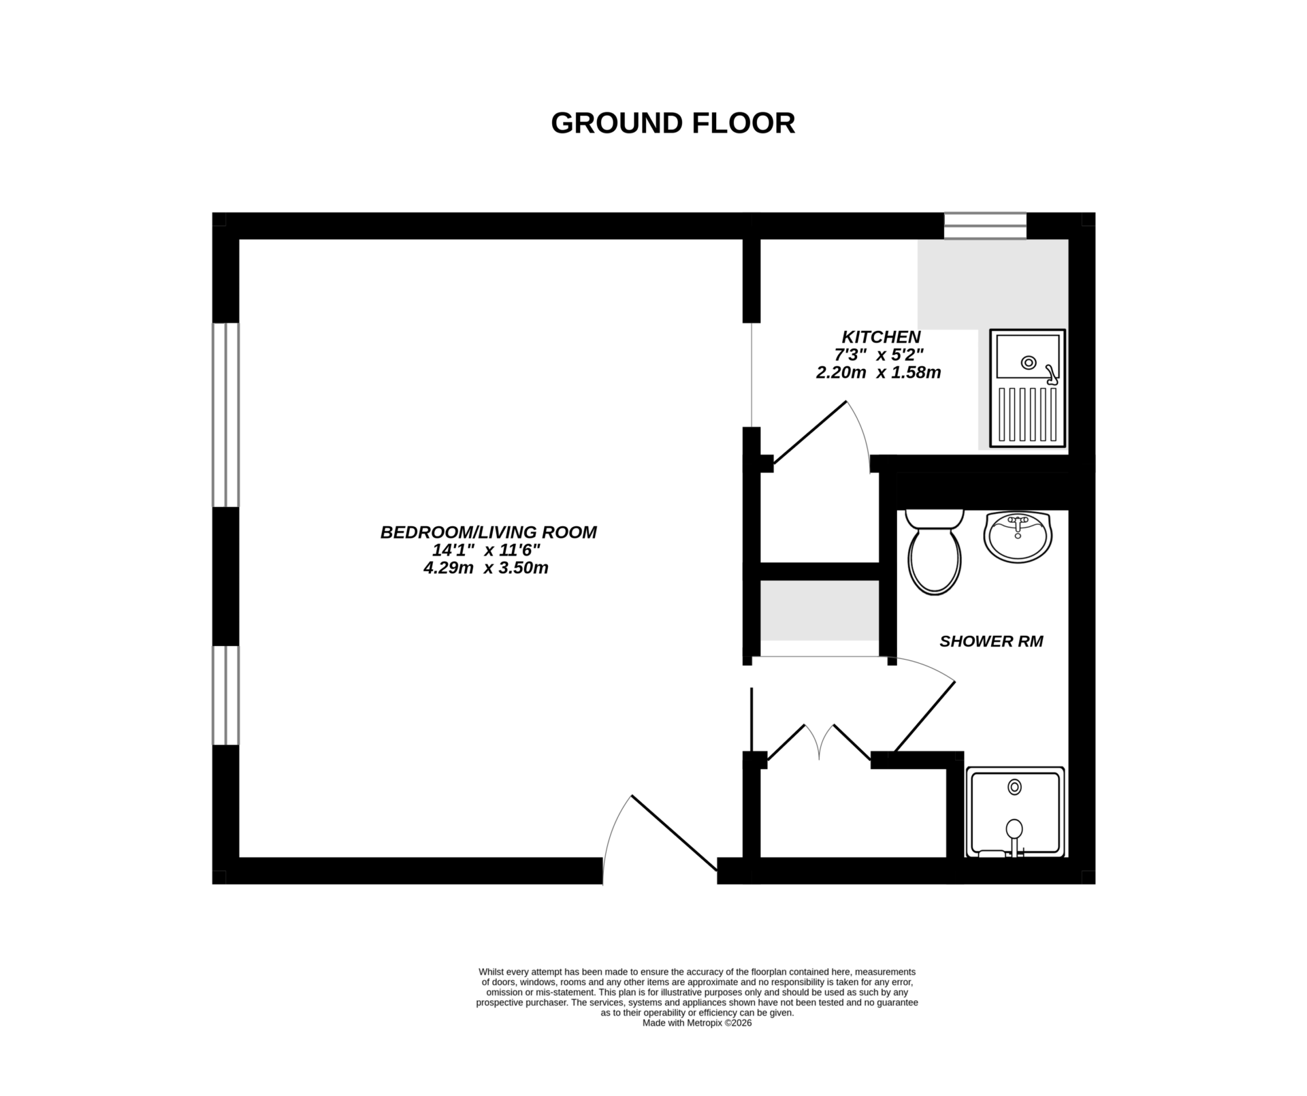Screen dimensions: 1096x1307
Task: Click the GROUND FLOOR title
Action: click(673, 124)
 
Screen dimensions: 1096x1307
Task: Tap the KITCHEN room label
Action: click(881, 337)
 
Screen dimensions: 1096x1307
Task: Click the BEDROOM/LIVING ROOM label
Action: click(488, 532)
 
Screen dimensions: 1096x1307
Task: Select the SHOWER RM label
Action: click(990, 641)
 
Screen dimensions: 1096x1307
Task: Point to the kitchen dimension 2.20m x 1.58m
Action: click(878, 373)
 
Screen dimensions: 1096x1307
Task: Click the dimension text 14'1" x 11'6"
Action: click(486, 550)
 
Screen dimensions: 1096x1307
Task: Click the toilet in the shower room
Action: click(935, 555)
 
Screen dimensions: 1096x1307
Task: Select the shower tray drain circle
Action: click(1014, 787)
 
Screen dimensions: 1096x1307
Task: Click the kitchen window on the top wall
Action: click(985, 225)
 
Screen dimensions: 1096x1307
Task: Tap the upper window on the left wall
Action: click(225, 415)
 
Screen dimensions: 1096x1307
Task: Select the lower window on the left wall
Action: click(225, 695)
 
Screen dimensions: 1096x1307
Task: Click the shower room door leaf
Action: click(924, 717)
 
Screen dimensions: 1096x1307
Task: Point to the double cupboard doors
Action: click(819, 742)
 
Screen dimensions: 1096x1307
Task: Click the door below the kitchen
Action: click(809, 433)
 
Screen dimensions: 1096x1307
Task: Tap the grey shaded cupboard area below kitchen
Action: click(819, 610)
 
